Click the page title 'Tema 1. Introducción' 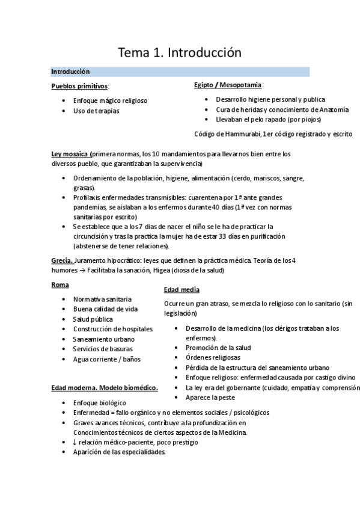180,52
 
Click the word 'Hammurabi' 240,134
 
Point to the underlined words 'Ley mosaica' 71,155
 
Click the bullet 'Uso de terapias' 96,111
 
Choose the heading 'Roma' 60,285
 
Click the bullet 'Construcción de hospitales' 112,329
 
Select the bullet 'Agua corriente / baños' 106,359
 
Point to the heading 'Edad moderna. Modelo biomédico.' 105,387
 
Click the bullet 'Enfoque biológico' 99,403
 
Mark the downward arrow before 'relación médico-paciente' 75,443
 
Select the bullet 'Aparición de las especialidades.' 119,452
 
